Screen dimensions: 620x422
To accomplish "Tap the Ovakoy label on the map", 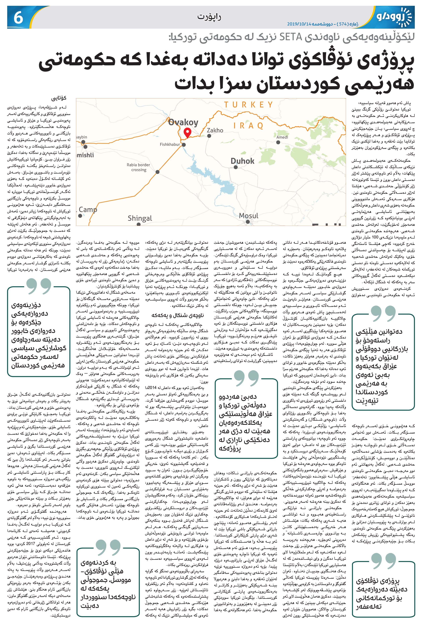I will (183, 122).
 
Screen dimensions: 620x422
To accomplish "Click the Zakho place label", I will (215, 130).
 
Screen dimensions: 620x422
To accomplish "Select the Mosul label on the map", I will (249, 215).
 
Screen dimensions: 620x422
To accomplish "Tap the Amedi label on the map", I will (282, 137).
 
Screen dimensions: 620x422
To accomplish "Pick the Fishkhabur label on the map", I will (170, 144).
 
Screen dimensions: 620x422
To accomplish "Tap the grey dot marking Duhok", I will (235, 167).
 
